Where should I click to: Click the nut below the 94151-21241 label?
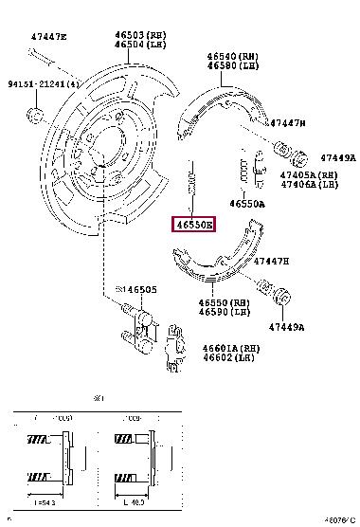pyautogui.click(x=36, y=116)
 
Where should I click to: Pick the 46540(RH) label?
pyautogui.click(x=233, y=56)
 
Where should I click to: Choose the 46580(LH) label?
pyautogui.click(x=233, y=66)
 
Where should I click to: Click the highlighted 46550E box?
pyautogui.click(x=193, y=225)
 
